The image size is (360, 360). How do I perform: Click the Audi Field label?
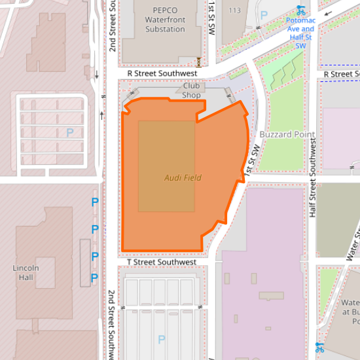point(183,177)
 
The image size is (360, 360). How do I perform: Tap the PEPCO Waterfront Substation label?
point(165,20)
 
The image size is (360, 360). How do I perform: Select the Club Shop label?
point(191,90)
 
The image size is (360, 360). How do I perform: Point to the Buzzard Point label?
point(287,134)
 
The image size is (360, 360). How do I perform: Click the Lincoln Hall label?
point(26,272)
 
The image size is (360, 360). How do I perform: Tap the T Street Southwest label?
point(162,262)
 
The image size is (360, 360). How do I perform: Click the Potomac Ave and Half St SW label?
point(300,33)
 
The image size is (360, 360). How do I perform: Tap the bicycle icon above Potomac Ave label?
point(301,10)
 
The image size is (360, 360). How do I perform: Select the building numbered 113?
point(235,10)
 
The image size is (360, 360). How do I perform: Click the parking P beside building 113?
point(264,14)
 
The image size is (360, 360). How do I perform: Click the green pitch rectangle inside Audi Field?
point(166,166)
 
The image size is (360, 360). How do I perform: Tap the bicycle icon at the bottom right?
point(319,347)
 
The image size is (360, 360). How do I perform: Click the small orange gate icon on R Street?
point(198,62)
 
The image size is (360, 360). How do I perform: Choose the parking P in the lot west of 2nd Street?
point(69,132)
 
